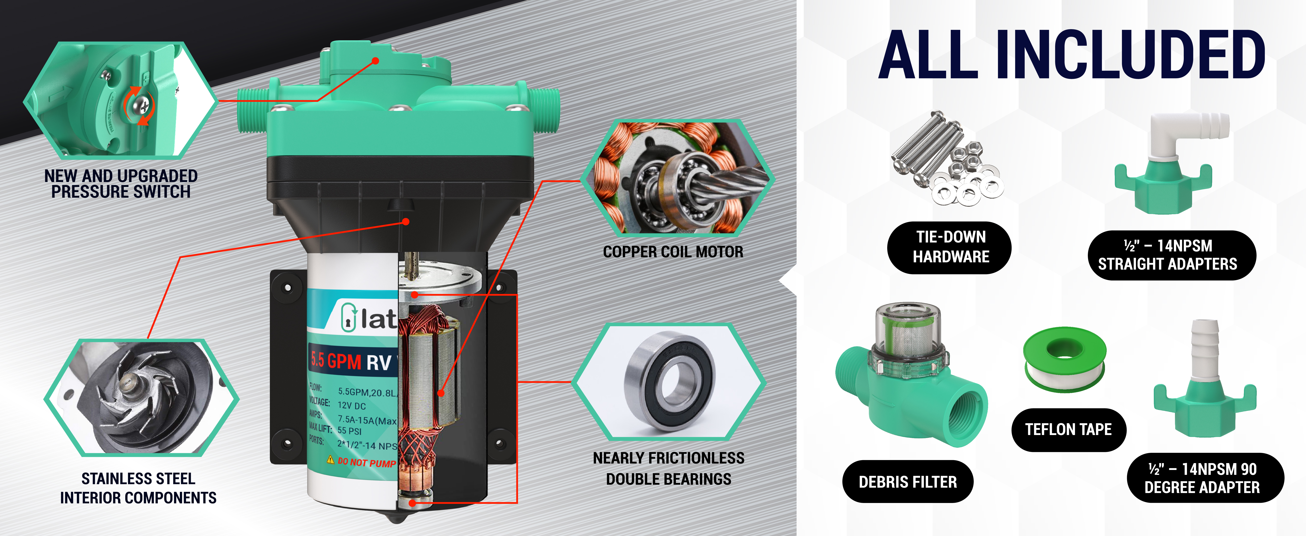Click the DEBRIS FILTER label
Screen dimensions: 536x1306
point(908,482)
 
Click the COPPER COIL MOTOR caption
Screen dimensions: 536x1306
point(673,252)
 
